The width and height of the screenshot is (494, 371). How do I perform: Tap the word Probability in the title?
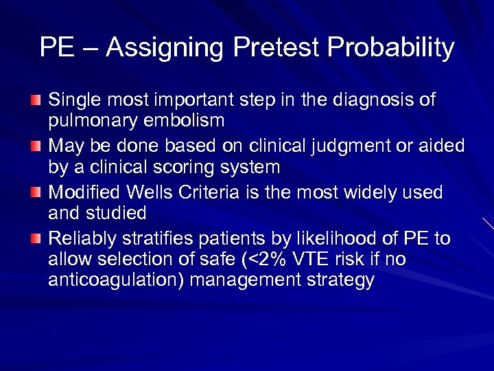[x=391, y=47]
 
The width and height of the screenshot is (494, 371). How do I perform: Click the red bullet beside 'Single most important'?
[x=36, y=101]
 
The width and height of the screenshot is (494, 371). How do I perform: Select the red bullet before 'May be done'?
[x=36, y=146]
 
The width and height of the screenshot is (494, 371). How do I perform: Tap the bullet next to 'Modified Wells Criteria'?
[x=36, y=192]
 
